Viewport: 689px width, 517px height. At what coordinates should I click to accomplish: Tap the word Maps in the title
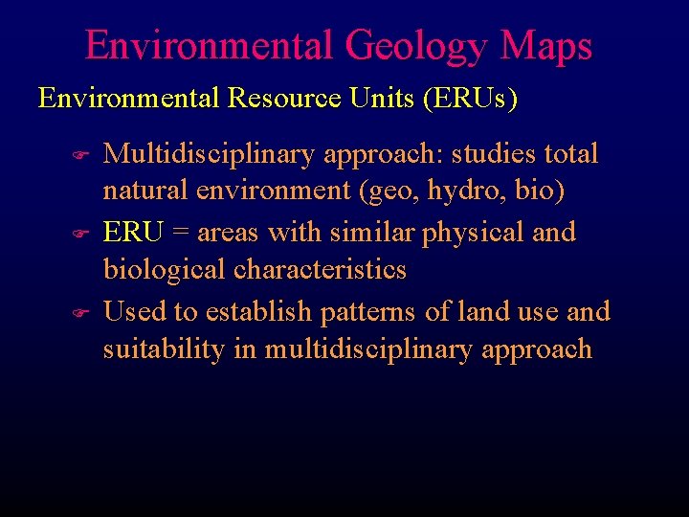[550, 46]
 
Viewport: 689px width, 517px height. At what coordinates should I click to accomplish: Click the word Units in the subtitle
[382, 99]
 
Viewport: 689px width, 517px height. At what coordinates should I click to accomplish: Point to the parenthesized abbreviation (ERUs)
[472, 99]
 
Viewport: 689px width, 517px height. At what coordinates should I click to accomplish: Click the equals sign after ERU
[179, 233]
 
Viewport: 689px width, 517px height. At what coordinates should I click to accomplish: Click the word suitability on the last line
[164, 349]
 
